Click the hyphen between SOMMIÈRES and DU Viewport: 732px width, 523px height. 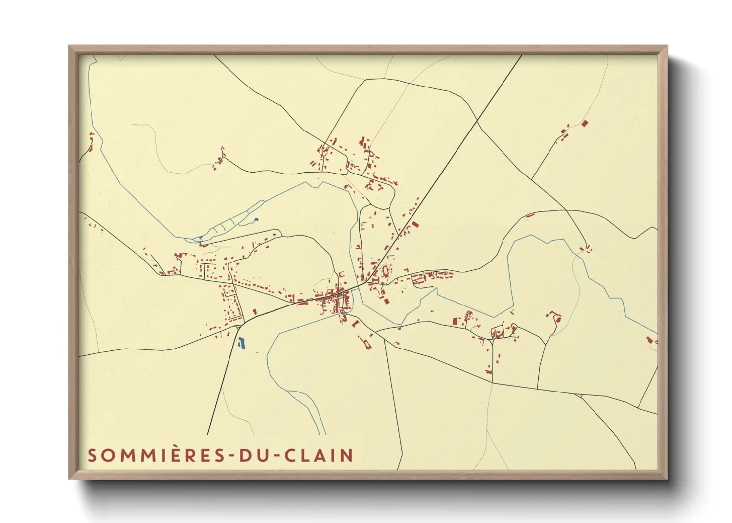coord(231,456)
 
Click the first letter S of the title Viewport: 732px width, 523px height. coord(92,455)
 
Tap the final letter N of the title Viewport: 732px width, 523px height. coord(347,455)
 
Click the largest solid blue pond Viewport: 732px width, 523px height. coord(241,342)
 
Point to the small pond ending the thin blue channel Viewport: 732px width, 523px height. coord(256,220)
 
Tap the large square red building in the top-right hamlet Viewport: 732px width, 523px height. coord(585,123)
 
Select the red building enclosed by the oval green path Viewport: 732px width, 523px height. coord(386,271)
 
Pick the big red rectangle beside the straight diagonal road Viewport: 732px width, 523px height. coord(415,225)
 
